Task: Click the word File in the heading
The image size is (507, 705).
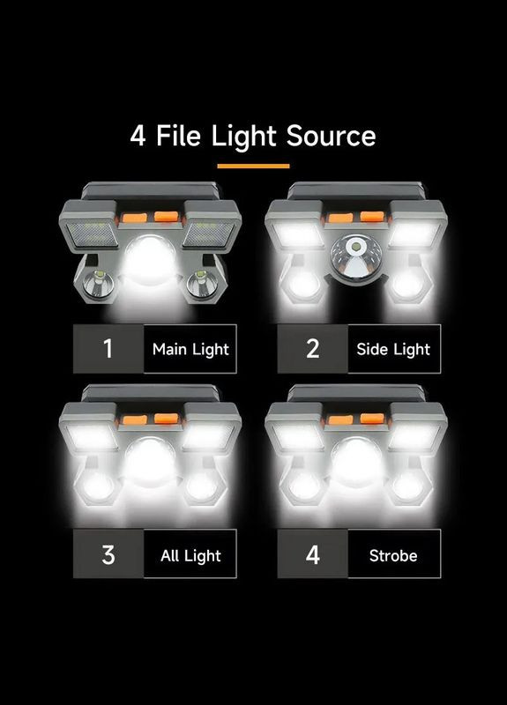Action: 178,136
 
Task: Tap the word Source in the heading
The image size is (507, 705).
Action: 331,136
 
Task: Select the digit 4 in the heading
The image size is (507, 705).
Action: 138,136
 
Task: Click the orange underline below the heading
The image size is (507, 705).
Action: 253,166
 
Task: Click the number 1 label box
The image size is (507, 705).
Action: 108,348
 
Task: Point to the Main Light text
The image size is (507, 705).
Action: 190,349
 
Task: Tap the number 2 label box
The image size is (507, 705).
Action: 313,348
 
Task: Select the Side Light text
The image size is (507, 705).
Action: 393,349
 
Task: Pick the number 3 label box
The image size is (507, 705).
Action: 108,554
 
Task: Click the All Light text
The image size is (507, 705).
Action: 190,556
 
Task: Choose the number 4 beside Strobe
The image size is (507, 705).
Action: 313,555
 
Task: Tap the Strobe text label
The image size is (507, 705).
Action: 393,556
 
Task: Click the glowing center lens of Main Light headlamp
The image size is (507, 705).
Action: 150,260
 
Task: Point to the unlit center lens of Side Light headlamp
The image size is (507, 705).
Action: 355,257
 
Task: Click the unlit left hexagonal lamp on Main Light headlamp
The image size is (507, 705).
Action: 99,284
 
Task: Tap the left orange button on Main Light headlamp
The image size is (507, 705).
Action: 135,219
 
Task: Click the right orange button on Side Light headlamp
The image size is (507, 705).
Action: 372,217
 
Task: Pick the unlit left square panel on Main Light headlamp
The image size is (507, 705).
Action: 93,234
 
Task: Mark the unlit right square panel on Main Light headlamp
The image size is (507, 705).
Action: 209,234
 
